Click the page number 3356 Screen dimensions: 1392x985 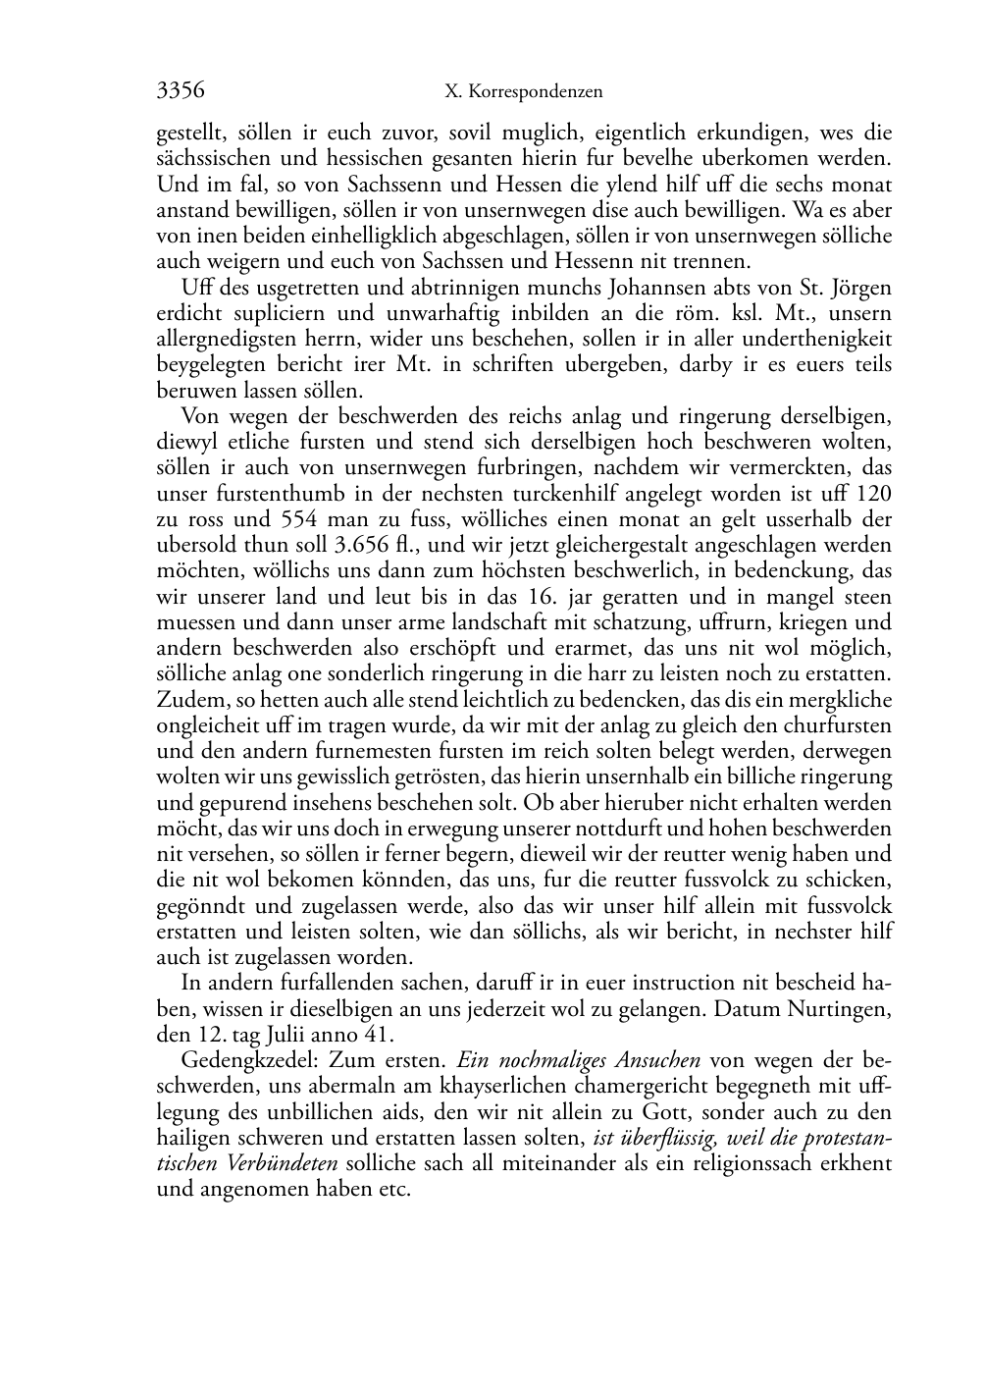click(181, 91)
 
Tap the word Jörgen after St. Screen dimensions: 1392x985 click(861, 288)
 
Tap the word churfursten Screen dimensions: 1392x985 click(843, 725)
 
